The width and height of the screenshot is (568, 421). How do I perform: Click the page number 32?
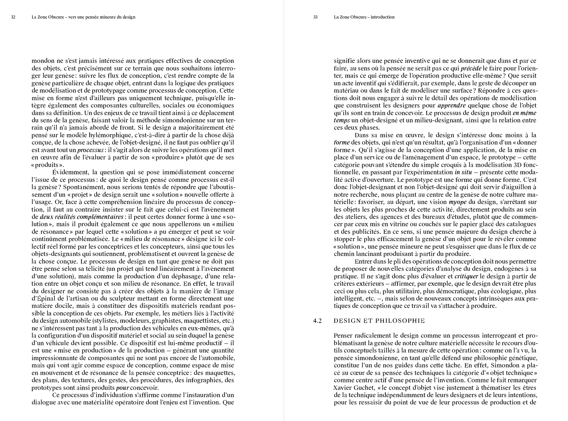[13, 17]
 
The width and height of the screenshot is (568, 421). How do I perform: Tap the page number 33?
[315, 17]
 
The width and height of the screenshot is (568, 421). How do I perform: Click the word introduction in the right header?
[382, 17]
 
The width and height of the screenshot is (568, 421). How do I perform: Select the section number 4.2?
[317, 321]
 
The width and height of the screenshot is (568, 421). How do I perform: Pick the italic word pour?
[122, 388]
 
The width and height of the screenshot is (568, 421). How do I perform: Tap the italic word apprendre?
[452, 106]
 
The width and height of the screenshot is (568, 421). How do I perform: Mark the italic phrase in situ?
[463, 172]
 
